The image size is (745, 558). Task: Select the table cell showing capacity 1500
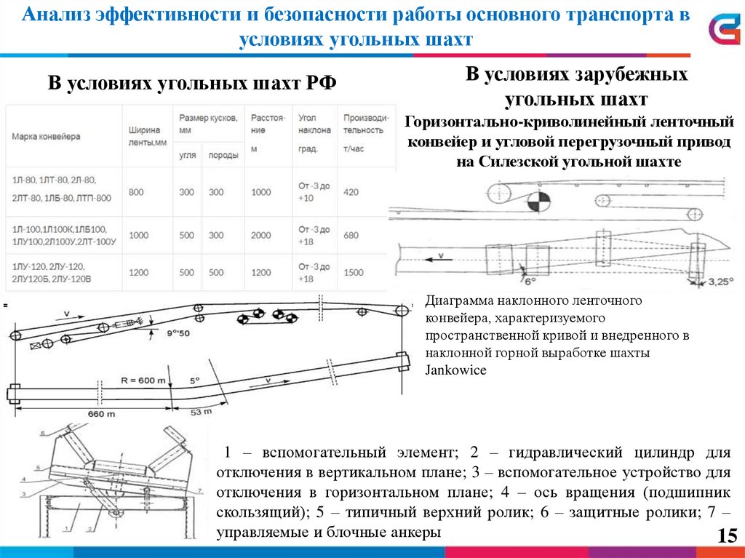(354, 272)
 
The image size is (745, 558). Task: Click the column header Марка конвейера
(46, 136)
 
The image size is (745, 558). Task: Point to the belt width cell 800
(137, 192)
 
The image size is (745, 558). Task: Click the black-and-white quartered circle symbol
(537, 204)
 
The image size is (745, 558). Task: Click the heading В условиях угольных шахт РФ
(193, 83)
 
